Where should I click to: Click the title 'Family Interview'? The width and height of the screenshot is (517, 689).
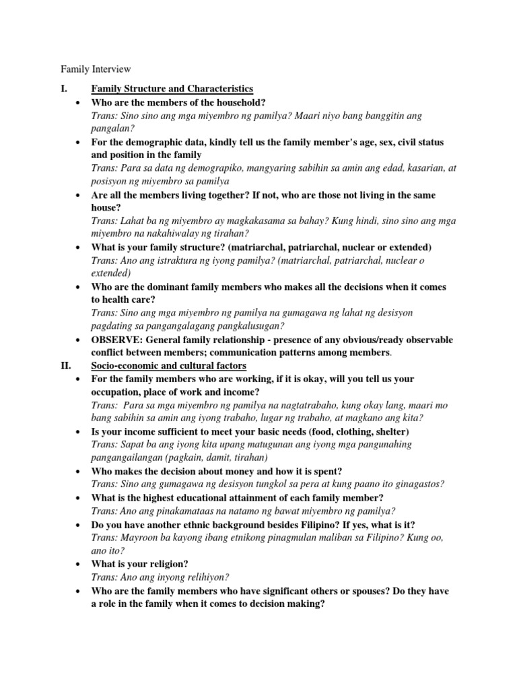point(96,69)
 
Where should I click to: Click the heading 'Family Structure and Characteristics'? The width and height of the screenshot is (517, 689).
point(172,88)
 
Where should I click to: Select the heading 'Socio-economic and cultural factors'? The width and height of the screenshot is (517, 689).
point(169,365)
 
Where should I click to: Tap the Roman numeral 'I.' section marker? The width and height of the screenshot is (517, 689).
point(65,88)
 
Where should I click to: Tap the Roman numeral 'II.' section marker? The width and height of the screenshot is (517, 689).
point(67,365)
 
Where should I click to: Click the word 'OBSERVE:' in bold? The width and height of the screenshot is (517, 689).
point(116,339)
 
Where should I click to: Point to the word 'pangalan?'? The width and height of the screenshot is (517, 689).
point(112,129)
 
